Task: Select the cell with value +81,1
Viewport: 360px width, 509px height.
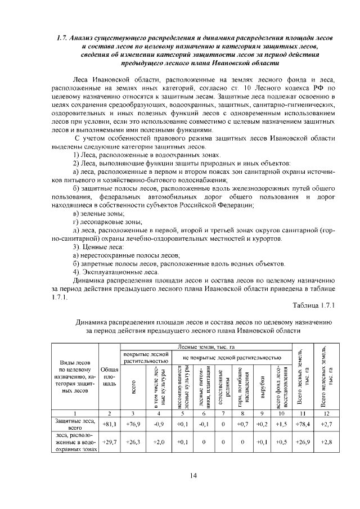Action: click(110, 423)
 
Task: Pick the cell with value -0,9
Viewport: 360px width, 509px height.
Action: click(158, 423)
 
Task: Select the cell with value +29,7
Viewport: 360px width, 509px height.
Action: click(110, 442)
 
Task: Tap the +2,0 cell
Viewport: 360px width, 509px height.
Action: click(158, 442)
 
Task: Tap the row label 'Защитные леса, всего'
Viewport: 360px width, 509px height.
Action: click(75, 423)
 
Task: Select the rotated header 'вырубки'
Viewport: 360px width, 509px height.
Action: click(262, 387)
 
